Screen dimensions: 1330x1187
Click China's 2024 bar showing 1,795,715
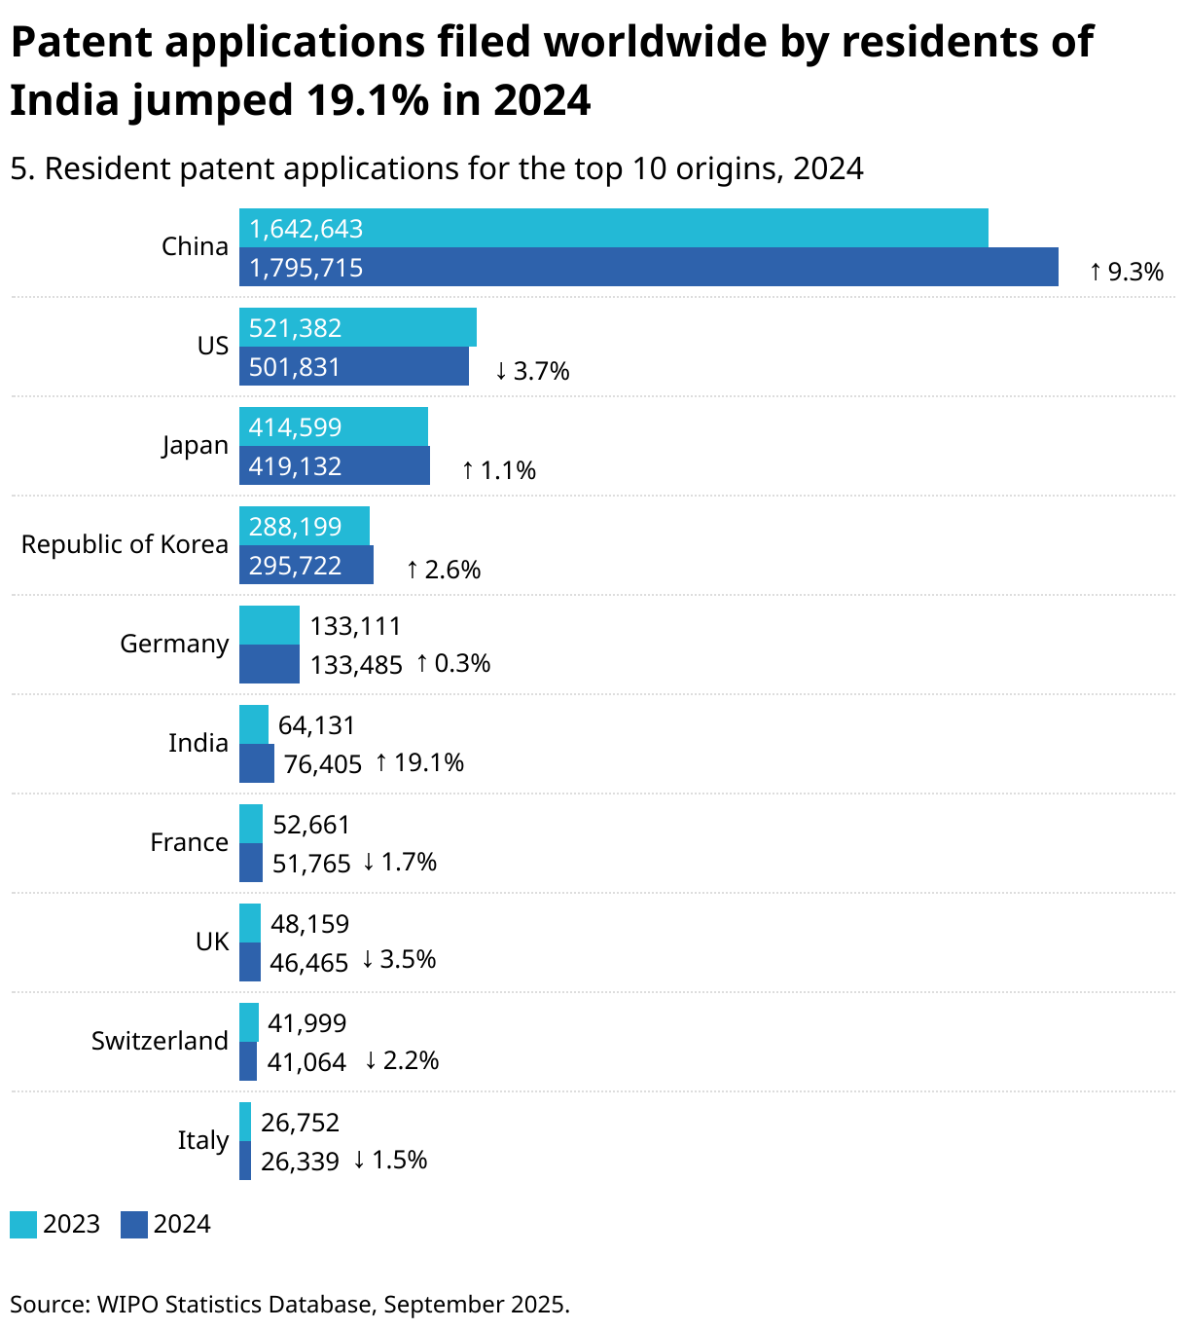coord(648,267)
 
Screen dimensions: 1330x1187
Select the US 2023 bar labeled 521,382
coord(358,327)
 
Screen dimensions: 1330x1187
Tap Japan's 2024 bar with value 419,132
coord(335,465)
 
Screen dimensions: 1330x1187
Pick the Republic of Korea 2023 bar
coord(305,526)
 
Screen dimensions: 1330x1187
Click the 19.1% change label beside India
coord(419,762)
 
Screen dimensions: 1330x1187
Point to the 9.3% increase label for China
coord(1126,272)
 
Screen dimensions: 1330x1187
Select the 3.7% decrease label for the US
coord(532,371)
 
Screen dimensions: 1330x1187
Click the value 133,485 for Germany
coord(356,665)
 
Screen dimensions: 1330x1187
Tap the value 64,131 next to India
coord(317,725)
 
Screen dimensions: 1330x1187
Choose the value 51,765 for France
coord(311,864)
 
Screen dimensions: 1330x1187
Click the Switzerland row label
coord(160,1041)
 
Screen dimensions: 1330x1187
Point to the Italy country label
coord(202,1140)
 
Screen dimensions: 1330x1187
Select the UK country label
coord(212,942)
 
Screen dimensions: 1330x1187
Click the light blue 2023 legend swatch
coord(23,1224)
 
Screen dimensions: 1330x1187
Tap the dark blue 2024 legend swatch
coord(134,1224)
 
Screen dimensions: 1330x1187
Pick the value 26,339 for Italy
coord(300,1162)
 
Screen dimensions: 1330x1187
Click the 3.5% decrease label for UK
coord(399,959)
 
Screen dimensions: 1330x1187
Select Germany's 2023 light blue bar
coord(270,625)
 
